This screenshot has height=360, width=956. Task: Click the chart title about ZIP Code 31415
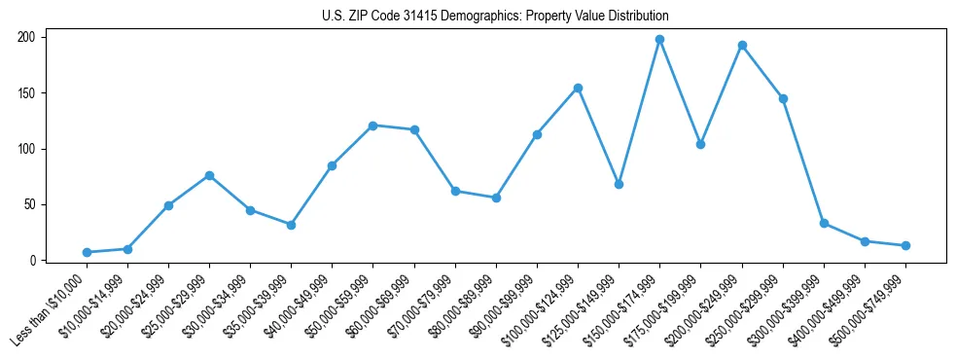coord(495,17)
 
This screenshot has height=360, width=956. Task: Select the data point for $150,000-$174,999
coord(659,40)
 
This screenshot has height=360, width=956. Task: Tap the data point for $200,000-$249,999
coord(742,45)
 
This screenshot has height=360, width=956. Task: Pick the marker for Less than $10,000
coord(87,252)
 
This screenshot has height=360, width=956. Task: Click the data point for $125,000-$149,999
coord(619,184)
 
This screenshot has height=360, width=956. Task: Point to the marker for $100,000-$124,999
coord(578,88)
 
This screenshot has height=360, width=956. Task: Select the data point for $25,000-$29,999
coord(209,175)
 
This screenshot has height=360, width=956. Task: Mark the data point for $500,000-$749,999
coord(905,245)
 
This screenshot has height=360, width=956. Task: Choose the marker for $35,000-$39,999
coord(291,225)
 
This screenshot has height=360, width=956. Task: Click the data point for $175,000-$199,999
coord(700,144)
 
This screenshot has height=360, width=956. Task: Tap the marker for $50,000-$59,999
coord(372,126)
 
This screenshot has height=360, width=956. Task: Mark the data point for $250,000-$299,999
coord(783,98)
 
